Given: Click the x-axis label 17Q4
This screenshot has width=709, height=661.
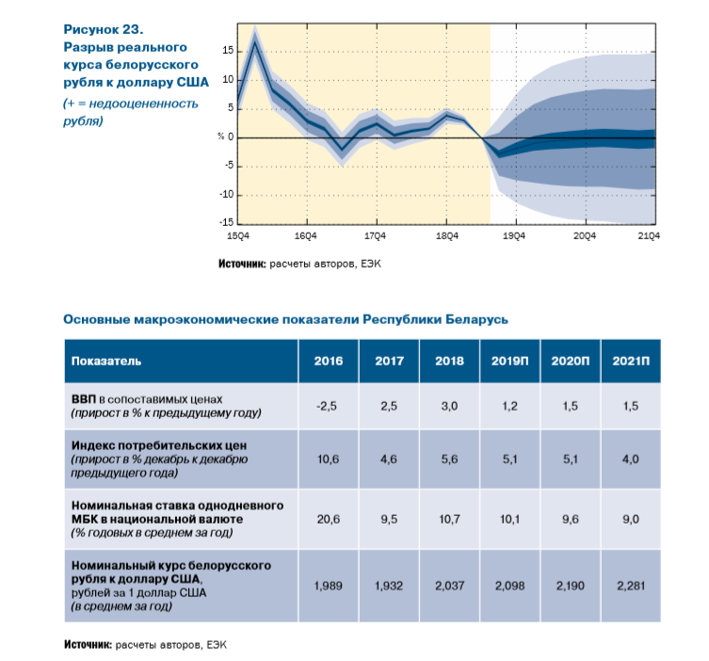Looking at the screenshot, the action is click(375, 236).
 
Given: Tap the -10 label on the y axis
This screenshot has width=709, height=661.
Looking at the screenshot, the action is click(226, 194).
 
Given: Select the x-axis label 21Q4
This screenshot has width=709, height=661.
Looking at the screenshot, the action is click(649, 236).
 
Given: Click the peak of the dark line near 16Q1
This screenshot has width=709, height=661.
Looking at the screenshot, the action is click(255, 41).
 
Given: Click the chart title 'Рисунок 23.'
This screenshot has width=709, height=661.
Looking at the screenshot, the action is click(103, 29).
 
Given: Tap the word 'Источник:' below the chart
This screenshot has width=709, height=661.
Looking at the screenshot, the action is click(242, 264).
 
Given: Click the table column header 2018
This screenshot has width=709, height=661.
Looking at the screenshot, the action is click(449, 361).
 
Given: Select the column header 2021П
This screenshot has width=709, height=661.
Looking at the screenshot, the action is click(631, 361).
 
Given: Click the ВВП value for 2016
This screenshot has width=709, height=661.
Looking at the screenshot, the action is click(327, 406).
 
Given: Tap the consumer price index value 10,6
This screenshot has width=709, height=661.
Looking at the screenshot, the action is click(329, 459).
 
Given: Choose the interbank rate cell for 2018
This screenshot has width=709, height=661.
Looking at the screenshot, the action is click(449, 519).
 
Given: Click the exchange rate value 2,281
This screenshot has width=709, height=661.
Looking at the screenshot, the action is click(631, 586).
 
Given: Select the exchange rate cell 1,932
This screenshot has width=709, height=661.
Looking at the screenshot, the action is click(389, 586).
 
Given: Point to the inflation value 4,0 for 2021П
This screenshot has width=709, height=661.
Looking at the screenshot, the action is click(631, 459).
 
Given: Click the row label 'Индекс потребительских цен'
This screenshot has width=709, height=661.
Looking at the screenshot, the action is click(159, 445).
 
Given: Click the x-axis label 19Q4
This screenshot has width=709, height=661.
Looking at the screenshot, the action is click(514, 236).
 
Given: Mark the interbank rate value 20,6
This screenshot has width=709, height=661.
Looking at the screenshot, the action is click(329, 519).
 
